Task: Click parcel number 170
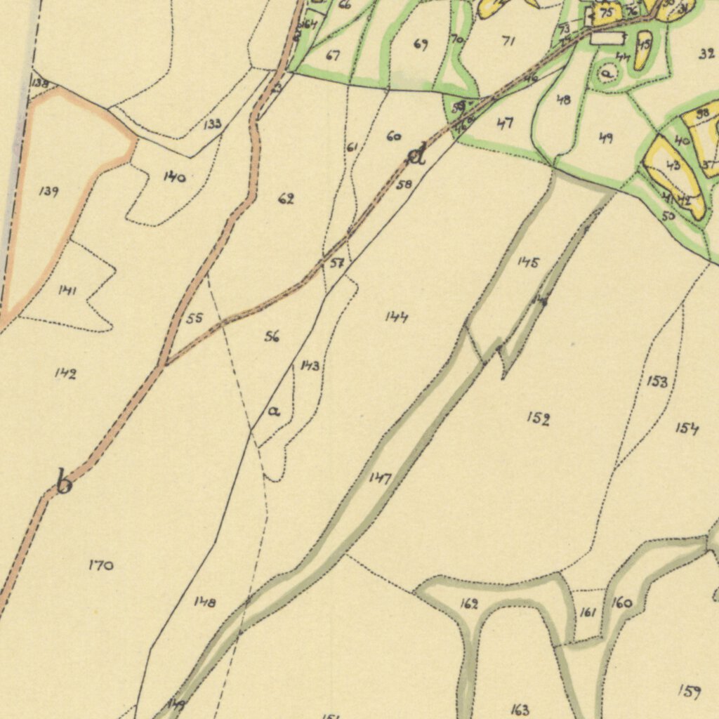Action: (x=101, y=565)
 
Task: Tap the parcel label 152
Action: (x=538, y=419)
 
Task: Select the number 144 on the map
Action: (x=396, y=317)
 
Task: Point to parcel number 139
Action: (x=48, y=192)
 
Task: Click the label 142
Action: (x=65, y=374)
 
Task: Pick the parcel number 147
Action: (x=380, y=478)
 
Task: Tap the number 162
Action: (x=469, y=604)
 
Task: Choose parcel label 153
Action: (x=657, y=381)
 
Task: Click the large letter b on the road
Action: (x=64, y=483)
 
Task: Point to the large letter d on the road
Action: (x=417, y=154)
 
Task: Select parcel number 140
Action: (x=174, y=177)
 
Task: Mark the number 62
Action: (x=286, y=199)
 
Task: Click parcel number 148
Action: (x=205, y=602)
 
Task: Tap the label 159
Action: (x=689, y=692)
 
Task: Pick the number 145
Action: (x=528, y=263)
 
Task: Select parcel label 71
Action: (x=508, y=41)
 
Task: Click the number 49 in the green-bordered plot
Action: (x=605, y=138)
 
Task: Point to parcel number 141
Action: (x=67, y=290)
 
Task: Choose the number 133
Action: (x=213, y=124)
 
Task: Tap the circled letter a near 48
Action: (x=607, y=72)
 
